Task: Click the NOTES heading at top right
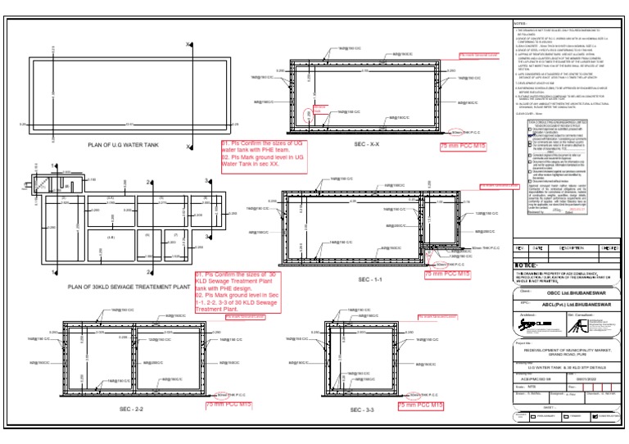(521, 23)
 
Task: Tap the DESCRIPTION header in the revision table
(571, 248)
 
